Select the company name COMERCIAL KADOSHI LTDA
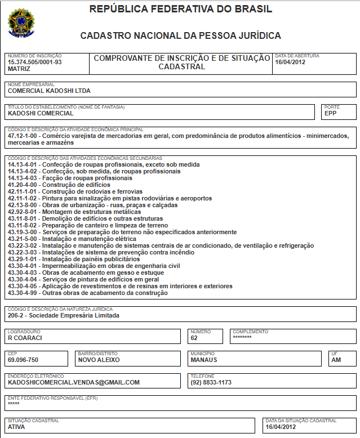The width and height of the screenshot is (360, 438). pyautogui.click(x=49, y=90)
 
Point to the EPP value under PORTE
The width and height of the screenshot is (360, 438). pyautogui.click(x=330, y=113)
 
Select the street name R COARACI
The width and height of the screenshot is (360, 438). pyautogui.click(x=25, y=338)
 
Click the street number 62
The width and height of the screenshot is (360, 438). pyautogui.click(x=194, y=338)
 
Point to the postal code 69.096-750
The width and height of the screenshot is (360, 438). pyautogui.click(x=23, y=359)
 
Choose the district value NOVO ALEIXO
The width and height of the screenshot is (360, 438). pyautogui.click(x=99, y=359)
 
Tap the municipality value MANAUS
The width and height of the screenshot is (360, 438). pyautogui.click(x=204, y=359)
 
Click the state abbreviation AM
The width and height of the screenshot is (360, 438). pyautogui.click(x=336, y=359)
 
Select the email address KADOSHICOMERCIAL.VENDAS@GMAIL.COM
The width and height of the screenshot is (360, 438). pyautogui.click(x=74, y=382)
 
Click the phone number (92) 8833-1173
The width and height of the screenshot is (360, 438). pyautogui.click(x=211, y=382)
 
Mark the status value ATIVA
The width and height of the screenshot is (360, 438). pyautogui.click(x=16, y=426)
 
